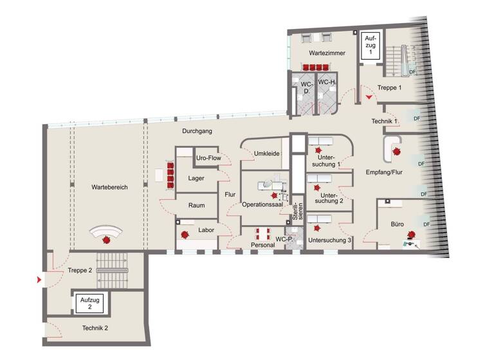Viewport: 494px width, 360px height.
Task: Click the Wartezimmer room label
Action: point(320,51)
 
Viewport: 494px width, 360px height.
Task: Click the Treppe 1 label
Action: point(390,88)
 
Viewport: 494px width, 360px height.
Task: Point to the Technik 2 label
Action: point(95,328)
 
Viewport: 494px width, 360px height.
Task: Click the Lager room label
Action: point(196,178)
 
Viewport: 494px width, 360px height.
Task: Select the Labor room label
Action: point(205,230)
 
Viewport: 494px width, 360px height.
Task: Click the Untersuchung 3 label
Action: point(329,240)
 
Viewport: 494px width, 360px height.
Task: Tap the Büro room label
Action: point(397,225)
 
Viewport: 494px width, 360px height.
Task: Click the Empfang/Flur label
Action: point(385,173)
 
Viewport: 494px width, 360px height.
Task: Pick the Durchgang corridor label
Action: point(197,130)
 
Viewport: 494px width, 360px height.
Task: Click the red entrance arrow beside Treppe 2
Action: point(40,280)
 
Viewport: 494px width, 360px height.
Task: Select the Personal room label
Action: point(262,245)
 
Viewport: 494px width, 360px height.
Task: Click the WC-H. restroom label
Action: point(328,83)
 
